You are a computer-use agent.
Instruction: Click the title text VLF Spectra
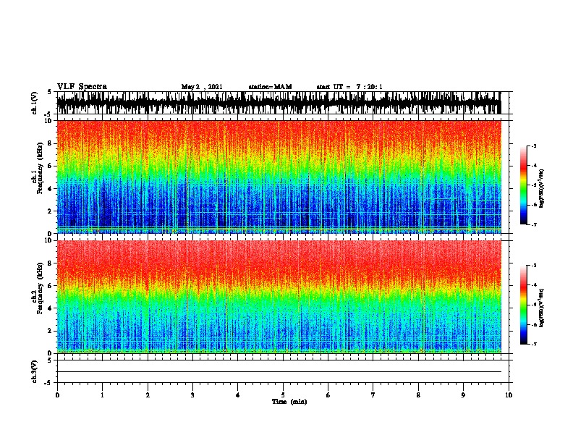point(82,87)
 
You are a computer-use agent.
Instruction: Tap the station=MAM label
point(270,87)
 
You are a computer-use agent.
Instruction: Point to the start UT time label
point(349,87)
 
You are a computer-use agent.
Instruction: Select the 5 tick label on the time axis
point(283,395)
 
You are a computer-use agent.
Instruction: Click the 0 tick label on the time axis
point(57,395)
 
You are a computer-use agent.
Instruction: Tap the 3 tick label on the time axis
point(192,395)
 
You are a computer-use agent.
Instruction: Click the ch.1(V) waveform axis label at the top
point(34,103)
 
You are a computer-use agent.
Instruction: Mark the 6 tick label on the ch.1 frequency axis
point(49,166)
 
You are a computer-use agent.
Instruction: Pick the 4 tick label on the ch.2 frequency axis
point(49,308)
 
